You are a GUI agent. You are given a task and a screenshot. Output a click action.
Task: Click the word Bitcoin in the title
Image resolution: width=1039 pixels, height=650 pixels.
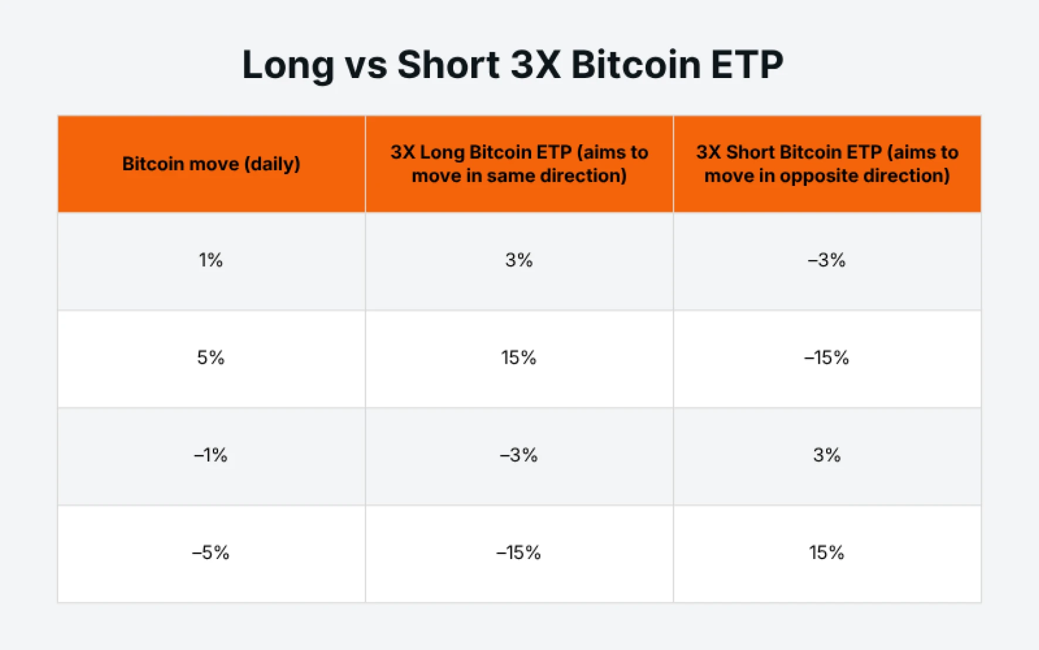[636, 65]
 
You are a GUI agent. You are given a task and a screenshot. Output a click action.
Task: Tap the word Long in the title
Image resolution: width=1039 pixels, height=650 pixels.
[288, 65]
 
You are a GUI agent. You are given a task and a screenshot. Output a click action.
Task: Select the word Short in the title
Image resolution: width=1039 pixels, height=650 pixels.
[449, 65]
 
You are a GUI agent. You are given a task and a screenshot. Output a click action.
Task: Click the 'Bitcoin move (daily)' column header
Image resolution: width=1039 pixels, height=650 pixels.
[211, 164]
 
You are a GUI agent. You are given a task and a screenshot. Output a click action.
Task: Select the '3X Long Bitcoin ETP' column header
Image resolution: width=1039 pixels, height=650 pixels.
[519, 164]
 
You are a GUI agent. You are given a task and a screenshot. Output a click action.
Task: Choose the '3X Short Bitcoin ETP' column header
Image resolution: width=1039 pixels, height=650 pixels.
[827, 164]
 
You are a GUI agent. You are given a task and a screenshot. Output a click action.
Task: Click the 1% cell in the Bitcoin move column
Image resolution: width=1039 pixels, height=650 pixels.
[211, 260]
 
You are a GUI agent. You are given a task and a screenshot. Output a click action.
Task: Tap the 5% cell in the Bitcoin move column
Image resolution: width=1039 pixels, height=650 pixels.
[211, 357]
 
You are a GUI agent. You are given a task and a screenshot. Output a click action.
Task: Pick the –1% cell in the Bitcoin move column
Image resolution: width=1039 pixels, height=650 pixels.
[211, 455]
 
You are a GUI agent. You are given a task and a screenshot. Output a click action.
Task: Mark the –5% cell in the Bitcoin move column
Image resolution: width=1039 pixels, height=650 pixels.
[211, 552]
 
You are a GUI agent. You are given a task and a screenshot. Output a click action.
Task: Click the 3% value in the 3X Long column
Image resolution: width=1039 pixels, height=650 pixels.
[519, 260]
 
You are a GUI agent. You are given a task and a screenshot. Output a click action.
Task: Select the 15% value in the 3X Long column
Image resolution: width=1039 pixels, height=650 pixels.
[519, 357]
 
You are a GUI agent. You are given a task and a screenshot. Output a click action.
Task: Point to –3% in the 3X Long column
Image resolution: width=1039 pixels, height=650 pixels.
[519, 455]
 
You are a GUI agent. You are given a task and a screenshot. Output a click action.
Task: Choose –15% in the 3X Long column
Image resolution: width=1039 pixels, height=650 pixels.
[519, 552]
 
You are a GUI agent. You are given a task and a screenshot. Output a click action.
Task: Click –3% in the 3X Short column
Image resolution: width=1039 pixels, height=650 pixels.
[827, 260]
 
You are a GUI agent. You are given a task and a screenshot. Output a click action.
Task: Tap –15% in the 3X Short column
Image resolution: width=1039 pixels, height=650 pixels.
[827, 357]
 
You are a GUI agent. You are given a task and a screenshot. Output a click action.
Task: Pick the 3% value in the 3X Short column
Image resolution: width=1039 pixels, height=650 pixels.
[827, 455]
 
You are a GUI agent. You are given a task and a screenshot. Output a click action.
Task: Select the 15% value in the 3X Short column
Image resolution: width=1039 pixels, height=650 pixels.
[827, 552]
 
